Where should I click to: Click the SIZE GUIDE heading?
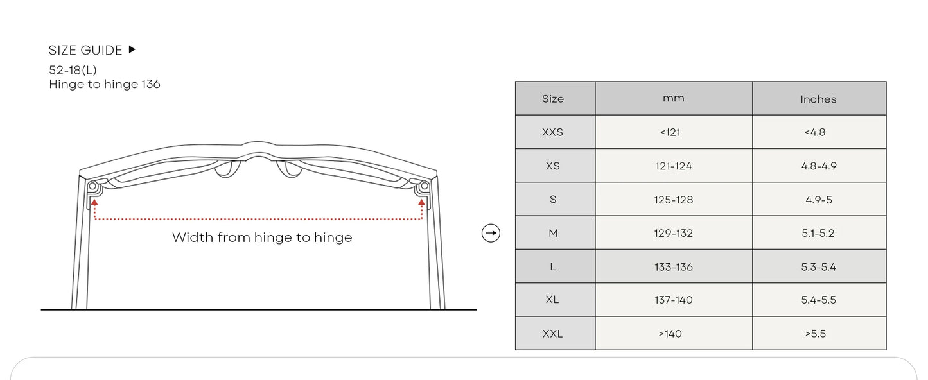pyautogui.click(x=85, y=50)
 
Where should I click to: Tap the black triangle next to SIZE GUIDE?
pyautogui.click(x=132, y=49)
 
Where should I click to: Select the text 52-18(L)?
pyautogui.click(x=73, y=70)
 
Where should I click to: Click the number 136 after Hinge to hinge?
pyautogui.click(x=151, y=84)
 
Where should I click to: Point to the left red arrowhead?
pyautogui.click(x=94, y=202)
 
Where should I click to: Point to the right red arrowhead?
pyautogui.click(x=421, y=202)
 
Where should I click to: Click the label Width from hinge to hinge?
pyautogui.click(x=262, y=237)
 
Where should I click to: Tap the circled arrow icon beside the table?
pyautogui.click(x=491, y=233)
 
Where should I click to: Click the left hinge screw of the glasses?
pyautogui.click(x=93, y=187)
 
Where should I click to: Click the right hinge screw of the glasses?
pyautogui.click(x=424, y=187)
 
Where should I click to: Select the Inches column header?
pyautogui.click(x=818, y=99)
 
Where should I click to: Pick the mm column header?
pyautogui.click(x=674, y=98)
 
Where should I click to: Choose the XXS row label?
pyautogui.click(x=553, y=132)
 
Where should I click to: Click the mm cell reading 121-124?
pyautogui.click(x=674, y=166)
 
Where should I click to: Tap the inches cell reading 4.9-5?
pyautogui.click(x=819, y=200)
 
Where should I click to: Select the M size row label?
pyautogui.click(x=553, y=234)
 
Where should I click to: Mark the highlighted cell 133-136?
pyautogui.click(x=674, y=267)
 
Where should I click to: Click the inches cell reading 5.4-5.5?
pyautogui.click(x=819, y=300)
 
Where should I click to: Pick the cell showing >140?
pyautogui.click(x=670, y=334)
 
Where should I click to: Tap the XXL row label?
pyautogui.click(x=553, y=334)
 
